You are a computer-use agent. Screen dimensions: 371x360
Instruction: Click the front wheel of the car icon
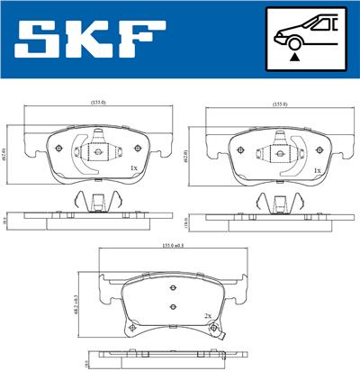(x=293, y=41)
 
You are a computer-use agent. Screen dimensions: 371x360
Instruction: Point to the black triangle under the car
(x=293, y=58)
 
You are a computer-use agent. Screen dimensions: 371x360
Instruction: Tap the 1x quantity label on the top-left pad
(x=133, y=168)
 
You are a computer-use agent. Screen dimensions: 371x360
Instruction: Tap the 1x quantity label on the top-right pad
(x=317, y=168)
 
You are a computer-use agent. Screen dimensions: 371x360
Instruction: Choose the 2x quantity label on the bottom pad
(x=206, y=316)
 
